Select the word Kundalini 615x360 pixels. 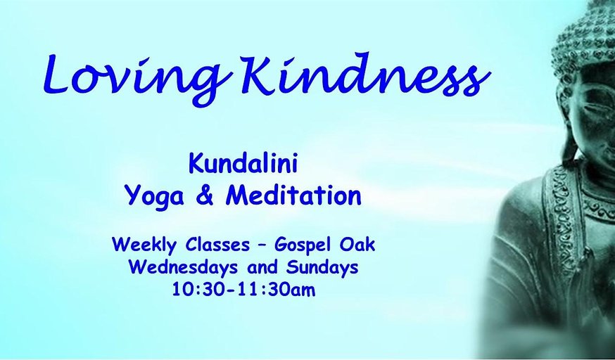tap(243, 164)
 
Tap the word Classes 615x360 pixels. tap(217, 245)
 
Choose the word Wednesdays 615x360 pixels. tap(184, 268)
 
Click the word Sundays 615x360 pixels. tap(322, 268)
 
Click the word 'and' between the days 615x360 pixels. tap(262, 268)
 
